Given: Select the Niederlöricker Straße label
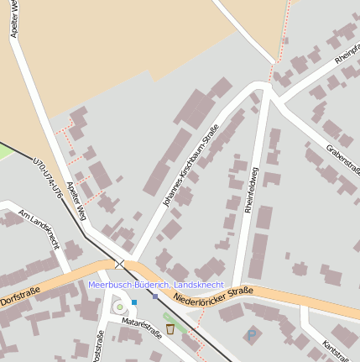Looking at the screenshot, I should pyautogui.click(x=214, y=296).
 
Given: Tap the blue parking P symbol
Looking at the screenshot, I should pyautogui.click(x=251, y=335).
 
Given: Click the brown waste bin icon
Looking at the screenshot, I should pyautogui.click(x=170, y=328).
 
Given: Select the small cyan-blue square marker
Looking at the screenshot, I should pyautogui.click(x=133, y=302).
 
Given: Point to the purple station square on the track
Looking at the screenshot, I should pyautogui.click(x=155, y=296).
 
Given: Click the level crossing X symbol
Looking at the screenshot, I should pyautogui.click(x=120, y=264).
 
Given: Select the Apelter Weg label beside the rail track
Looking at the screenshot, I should pyautogui.click(x=77, y=202).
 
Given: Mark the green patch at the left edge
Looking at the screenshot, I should pyautogui.click(x=5, y=151).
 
